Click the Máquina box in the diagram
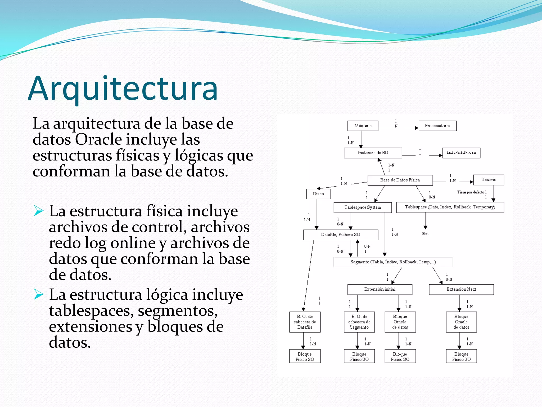pos(363,126)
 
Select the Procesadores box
pos(437,126)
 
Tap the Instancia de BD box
pos(373,153)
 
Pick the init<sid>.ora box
pos(461,153)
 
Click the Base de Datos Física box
pos(400,180)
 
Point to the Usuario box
pos(489,180)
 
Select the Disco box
pos(318,194)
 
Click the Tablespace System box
pos(362,207)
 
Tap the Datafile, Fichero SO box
pos(340,235)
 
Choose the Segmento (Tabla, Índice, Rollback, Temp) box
pos(393,262)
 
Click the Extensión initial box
pos(380,289)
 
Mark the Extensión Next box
pos(461,289)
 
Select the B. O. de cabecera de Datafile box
pos(305,322)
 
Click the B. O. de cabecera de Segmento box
pos(359,322)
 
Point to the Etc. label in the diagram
pos(425,234)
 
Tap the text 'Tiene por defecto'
pos(471,192)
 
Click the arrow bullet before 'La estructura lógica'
pos(39,294)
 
